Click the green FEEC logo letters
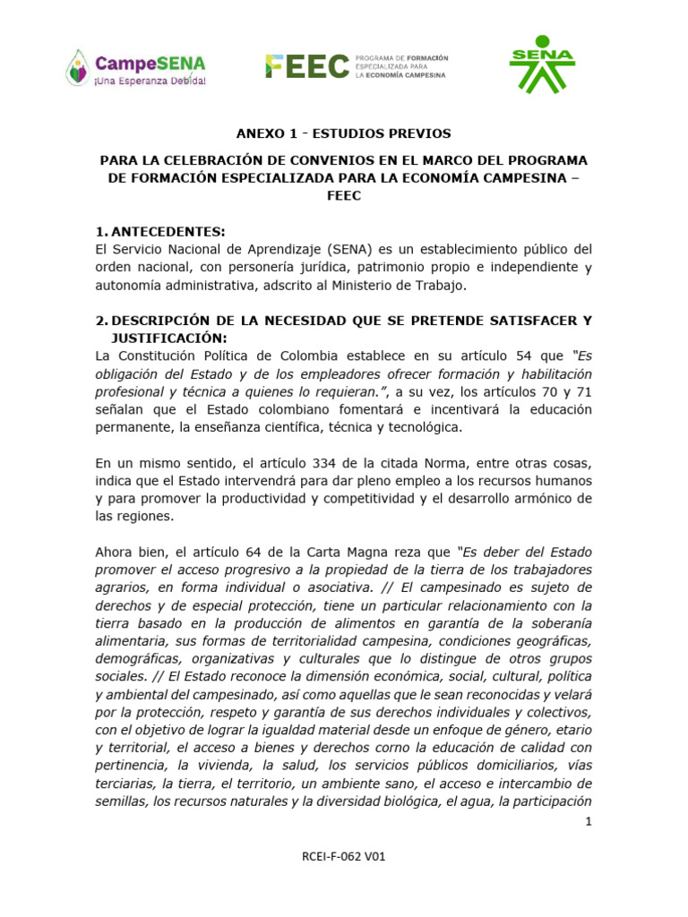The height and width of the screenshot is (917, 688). (306, 65)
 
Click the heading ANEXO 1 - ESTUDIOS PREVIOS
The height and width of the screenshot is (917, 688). (344, 134)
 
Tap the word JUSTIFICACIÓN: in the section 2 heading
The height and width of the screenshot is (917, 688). (169, 339)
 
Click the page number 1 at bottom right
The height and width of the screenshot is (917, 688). (588, 821)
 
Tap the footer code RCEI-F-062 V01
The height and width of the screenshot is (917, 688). (344, 856)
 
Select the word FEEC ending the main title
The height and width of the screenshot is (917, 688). (344, 196)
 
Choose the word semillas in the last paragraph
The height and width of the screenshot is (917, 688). (121, 801)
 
